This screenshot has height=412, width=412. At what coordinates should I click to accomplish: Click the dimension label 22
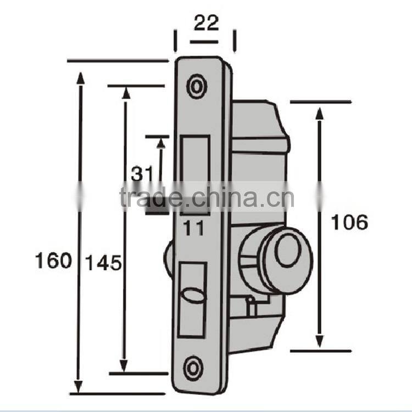(x=206, y=23)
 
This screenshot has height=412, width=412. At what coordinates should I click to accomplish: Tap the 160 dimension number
(x=53, y=261)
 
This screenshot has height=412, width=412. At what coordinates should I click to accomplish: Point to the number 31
(x=141, y=173)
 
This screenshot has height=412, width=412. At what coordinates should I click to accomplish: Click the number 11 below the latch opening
(x=193, y=227)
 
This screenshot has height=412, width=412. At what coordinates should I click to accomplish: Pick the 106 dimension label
(x=349, y=222)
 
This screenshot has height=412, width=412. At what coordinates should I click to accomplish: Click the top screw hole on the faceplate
(x=196, y=85)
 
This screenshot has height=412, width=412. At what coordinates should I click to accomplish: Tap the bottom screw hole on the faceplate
(x=193, y=367)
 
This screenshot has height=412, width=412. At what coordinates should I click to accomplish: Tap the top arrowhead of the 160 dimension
(x=81, y=78)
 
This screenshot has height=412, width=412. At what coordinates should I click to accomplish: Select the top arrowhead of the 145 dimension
(x=126, y=93)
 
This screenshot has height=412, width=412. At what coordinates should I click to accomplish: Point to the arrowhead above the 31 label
(x=161, y=143)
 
